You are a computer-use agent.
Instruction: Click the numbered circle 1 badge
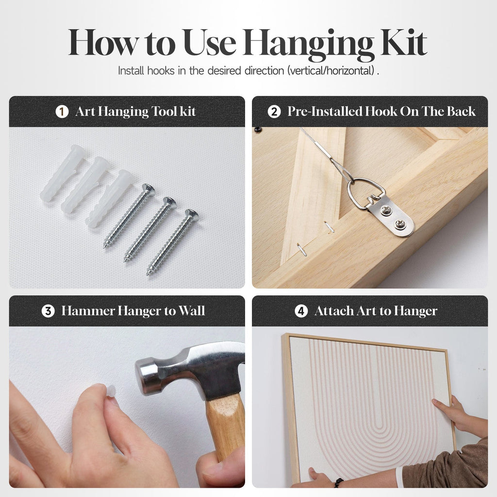click(62, 112)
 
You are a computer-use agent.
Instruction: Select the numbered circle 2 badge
click(274, 112)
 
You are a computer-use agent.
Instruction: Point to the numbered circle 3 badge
click(48, 311)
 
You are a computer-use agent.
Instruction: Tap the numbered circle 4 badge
click(301, 311)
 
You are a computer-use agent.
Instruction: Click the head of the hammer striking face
click(142, 377)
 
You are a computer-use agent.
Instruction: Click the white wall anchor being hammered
click(111, 391)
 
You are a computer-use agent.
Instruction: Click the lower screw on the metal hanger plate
click(399, 224)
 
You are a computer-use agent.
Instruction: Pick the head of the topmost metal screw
click(149, 190)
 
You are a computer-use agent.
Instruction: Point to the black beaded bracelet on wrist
click(338, 483)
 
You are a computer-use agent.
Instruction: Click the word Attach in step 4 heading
click(334, 311)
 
